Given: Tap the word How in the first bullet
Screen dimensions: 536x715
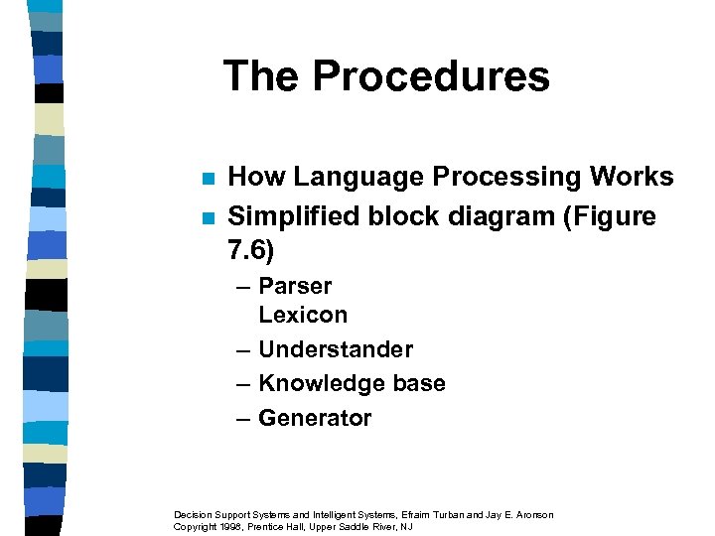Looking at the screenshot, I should tap(256, 178).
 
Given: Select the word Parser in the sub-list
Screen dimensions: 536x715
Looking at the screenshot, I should tap(295, 286).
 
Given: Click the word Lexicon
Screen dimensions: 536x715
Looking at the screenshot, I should tap(303, 316).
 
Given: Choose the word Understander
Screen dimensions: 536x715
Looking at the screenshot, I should tap(335, 349).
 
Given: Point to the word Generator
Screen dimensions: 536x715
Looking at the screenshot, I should tap(314, 418).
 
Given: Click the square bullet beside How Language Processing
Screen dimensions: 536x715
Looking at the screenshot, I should tap(207, 180).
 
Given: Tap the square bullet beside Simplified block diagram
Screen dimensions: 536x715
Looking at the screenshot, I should tap(207, 218).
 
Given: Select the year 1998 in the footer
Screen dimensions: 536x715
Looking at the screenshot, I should tap(235, 526).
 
